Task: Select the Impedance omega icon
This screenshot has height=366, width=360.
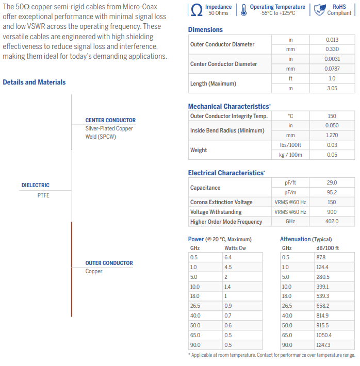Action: [197, 10]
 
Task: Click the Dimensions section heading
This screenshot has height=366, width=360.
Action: [205, 29]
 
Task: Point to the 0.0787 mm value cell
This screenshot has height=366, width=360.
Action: [332, 69]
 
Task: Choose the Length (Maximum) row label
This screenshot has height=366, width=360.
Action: [206, 84]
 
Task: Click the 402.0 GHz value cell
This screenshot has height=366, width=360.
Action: [332, 221]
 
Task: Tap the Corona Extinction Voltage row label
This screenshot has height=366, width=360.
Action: [221, 202]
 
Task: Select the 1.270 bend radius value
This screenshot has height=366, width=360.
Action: [332, 135]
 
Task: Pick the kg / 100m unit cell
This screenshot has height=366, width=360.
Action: [290, 155]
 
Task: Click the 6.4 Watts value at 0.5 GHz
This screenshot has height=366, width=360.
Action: [228, 257]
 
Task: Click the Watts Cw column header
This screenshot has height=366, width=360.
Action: [235, 248]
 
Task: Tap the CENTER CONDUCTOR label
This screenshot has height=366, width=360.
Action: [110, 120]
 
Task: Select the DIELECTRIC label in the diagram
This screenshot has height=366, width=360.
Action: [36, 185]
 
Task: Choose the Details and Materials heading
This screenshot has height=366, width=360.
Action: [34, 82]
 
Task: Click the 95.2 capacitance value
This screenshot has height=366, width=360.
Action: [332, 192]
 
